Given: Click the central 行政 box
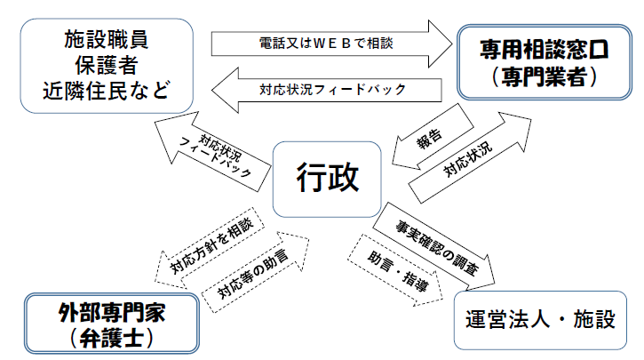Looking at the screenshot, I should click(327, 178).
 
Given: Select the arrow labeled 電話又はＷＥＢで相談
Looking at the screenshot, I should click(329, 41).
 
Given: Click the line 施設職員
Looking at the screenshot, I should click(106, 39).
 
